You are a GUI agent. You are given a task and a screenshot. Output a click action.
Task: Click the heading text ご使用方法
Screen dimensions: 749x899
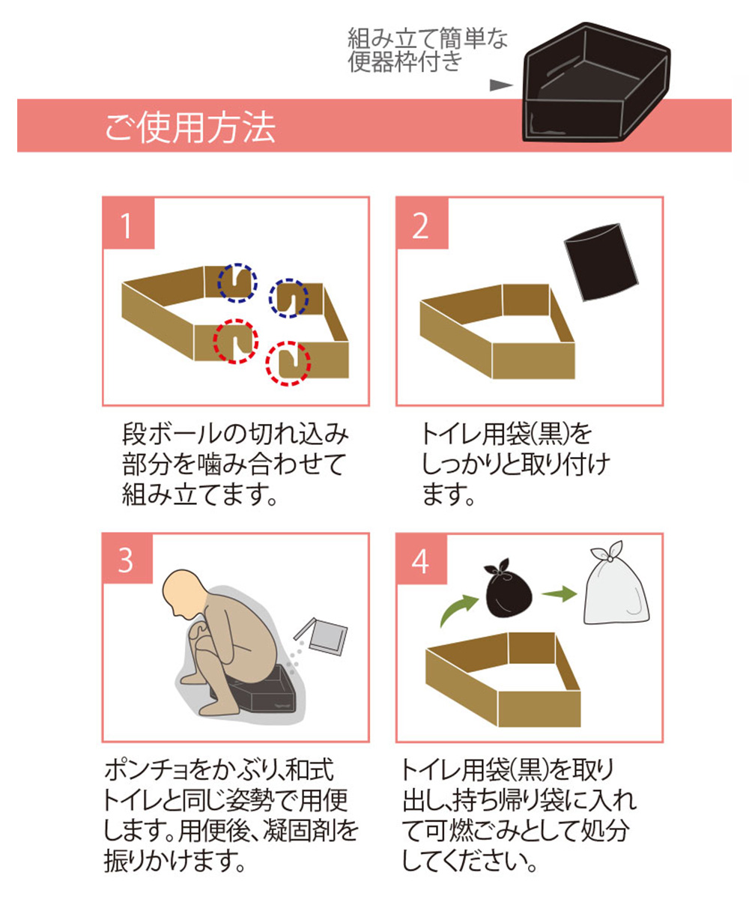pyautogui.click(x=190, y=127)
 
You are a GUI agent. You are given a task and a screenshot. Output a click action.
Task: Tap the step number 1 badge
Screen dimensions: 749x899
pyautogui.click(x=129, y=223)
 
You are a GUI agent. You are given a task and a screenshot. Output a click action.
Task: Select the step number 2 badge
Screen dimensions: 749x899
pyautogui.click(x=422, y=223)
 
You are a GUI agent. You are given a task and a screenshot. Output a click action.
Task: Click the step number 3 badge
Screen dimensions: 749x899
pyautogui.click(x=128, y=558)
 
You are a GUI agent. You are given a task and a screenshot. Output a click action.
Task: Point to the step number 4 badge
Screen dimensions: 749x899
pyautogui.click(x=422, y=559)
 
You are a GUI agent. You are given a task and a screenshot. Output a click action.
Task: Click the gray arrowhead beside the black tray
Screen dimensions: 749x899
pyautogui.click(x=502, y=85)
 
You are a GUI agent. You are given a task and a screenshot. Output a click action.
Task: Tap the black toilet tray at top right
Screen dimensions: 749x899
pyautogui.click(x=596, y=82)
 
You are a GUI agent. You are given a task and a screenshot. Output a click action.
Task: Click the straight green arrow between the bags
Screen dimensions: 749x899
pyautogui.click(x=560, y=595)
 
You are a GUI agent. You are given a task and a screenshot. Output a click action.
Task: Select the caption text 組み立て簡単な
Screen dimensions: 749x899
pyautogui.click(x=428, y=38)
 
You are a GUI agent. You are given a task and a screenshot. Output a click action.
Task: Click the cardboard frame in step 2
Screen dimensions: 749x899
pyautogui.click(x=497, y=332)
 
